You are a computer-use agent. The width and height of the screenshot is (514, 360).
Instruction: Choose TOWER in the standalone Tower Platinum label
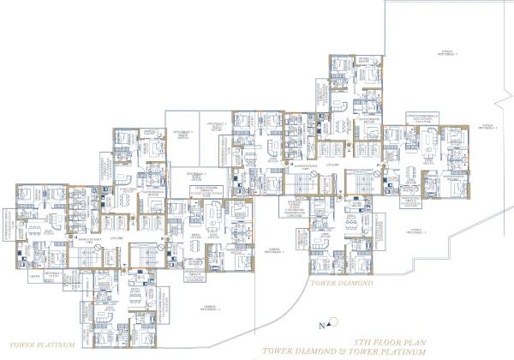tap(26, 343)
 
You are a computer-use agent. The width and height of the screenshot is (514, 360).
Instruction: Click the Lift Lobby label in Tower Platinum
tap(118, 237)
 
